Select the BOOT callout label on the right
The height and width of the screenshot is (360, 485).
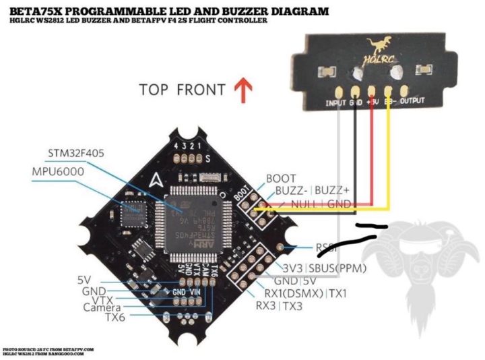[282, 178]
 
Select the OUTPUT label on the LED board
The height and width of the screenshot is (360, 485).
[412, 102]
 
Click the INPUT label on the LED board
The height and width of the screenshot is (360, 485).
[335, 102]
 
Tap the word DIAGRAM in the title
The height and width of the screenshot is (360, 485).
[298, 11]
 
